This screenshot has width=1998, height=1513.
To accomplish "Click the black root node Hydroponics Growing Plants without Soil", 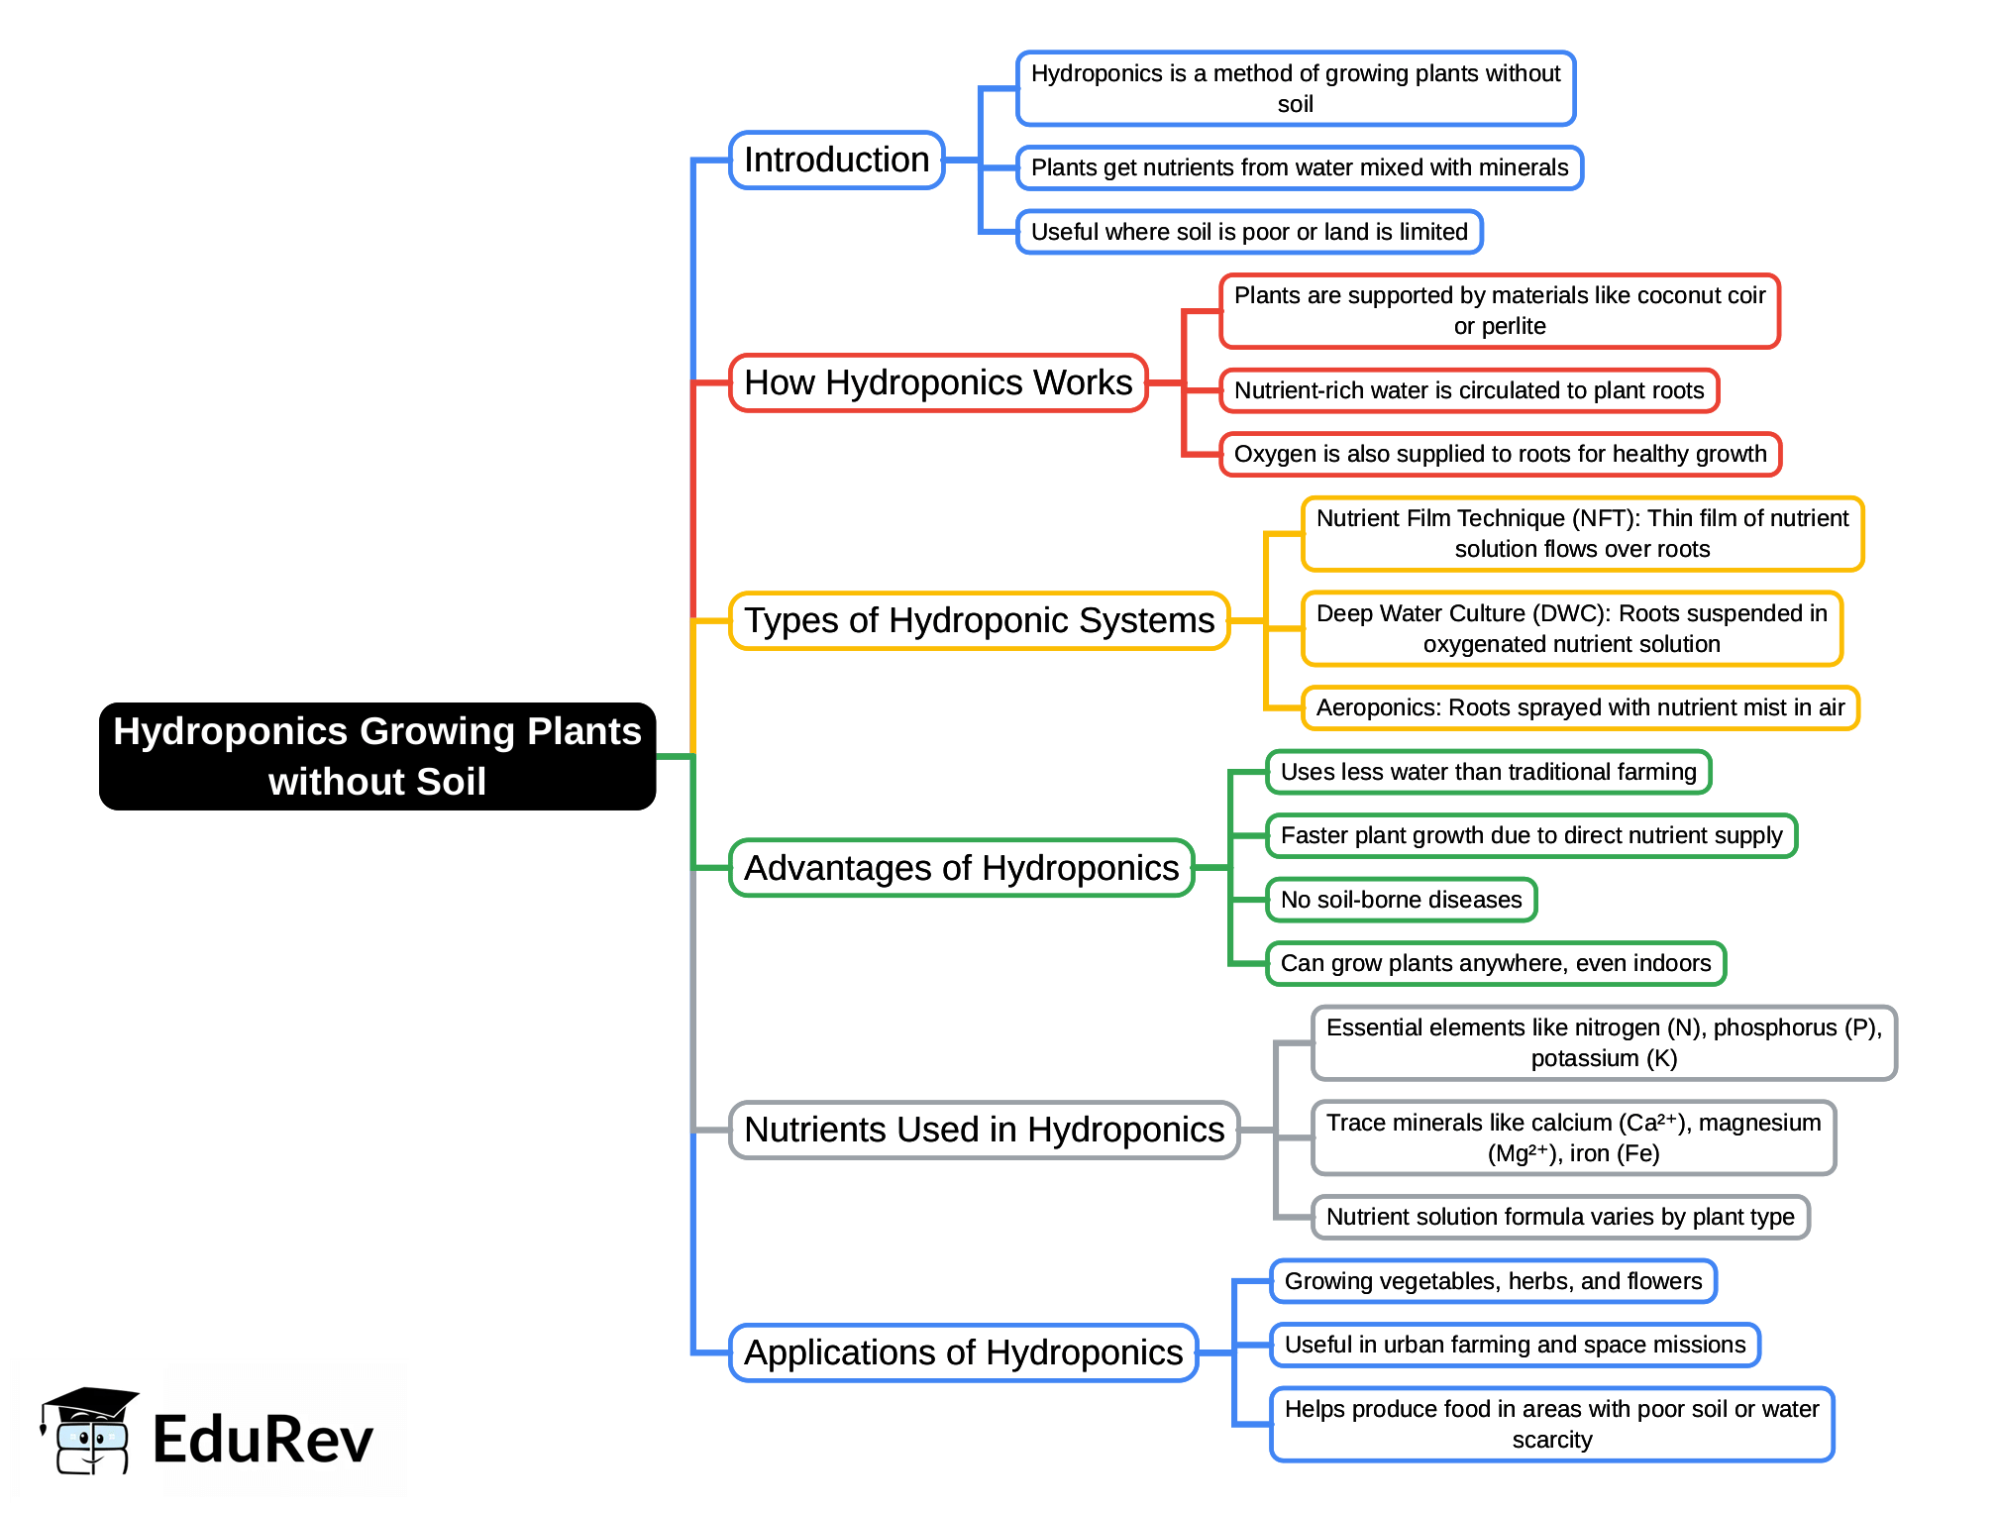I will pos(376,756).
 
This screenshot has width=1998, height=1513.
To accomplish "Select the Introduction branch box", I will pos(836,160).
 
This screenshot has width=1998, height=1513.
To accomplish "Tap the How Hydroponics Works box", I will pos(937,382).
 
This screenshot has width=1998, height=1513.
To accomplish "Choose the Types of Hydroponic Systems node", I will pos(979,620).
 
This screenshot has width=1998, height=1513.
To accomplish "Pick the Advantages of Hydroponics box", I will pos(961,868).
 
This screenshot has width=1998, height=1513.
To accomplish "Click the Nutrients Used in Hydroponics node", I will pos(984,1130).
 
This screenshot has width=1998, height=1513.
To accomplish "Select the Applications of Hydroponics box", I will pos(963,1352).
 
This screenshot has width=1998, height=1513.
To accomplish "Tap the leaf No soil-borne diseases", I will pos(1401,900).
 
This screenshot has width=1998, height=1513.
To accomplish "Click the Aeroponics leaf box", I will pos(1579,707).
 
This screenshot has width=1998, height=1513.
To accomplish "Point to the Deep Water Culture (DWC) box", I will pos(1571,628).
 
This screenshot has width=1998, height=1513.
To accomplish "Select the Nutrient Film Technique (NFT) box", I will pos(1582,533).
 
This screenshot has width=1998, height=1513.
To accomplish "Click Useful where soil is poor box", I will pos(1248,232).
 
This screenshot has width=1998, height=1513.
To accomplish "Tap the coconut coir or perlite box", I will pos(1499,310).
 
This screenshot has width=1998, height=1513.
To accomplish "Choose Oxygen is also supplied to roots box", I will pos(1499,454).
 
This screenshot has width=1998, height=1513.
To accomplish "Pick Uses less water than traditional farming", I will pos(1488,772).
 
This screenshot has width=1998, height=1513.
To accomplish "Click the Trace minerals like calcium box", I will pos(1573,1137).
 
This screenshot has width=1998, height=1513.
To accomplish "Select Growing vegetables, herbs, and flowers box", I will pos(1493,1281).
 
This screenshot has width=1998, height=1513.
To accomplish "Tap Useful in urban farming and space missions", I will pos(1515,1345).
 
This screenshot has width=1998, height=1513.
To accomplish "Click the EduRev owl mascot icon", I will pos(87,1432).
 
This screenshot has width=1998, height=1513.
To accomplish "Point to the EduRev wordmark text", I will pos(263,1440).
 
